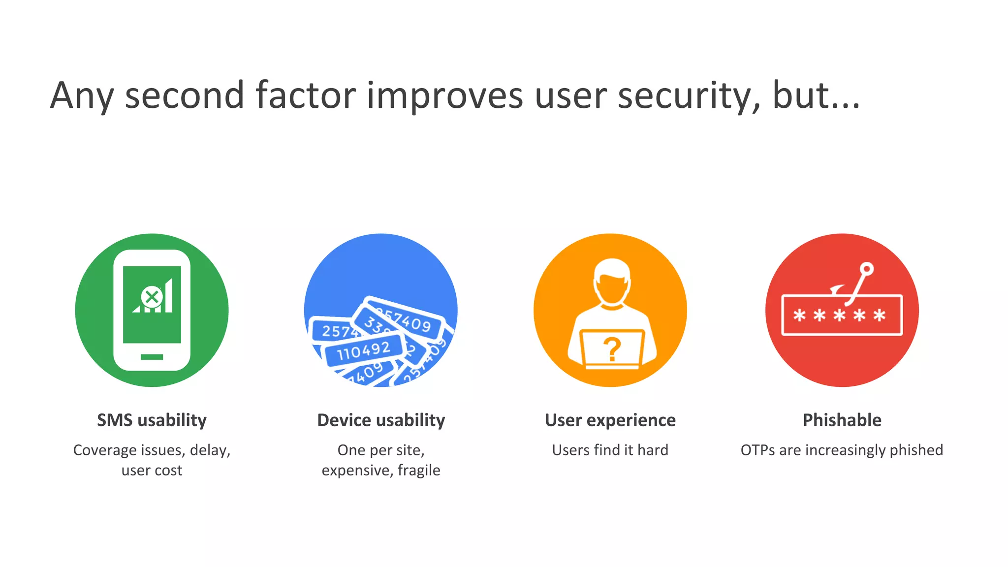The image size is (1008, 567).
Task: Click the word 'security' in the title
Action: coord(689,95)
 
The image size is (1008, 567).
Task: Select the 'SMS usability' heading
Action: coord(152,420)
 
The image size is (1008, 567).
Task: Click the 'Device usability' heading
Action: coord(381,420)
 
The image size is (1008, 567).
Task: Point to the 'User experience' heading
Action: coord(610,420)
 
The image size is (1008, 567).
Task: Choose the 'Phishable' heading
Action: coord(842,420)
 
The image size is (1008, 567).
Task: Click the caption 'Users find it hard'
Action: coord(610,450)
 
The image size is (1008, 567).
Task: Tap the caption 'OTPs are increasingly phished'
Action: coord(842,450)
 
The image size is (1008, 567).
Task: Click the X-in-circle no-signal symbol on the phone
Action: coord(152,297)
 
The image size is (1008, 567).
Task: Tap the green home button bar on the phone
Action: coord(152,357)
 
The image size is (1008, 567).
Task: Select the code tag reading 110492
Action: coord(364,350)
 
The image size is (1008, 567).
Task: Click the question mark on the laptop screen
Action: coord(612,349)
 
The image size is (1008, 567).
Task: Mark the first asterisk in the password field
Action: coord(799,315)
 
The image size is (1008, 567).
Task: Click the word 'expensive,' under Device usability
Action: coord(357,471)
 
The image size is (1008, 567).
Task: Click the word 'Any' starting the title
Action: coord(82,95)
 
